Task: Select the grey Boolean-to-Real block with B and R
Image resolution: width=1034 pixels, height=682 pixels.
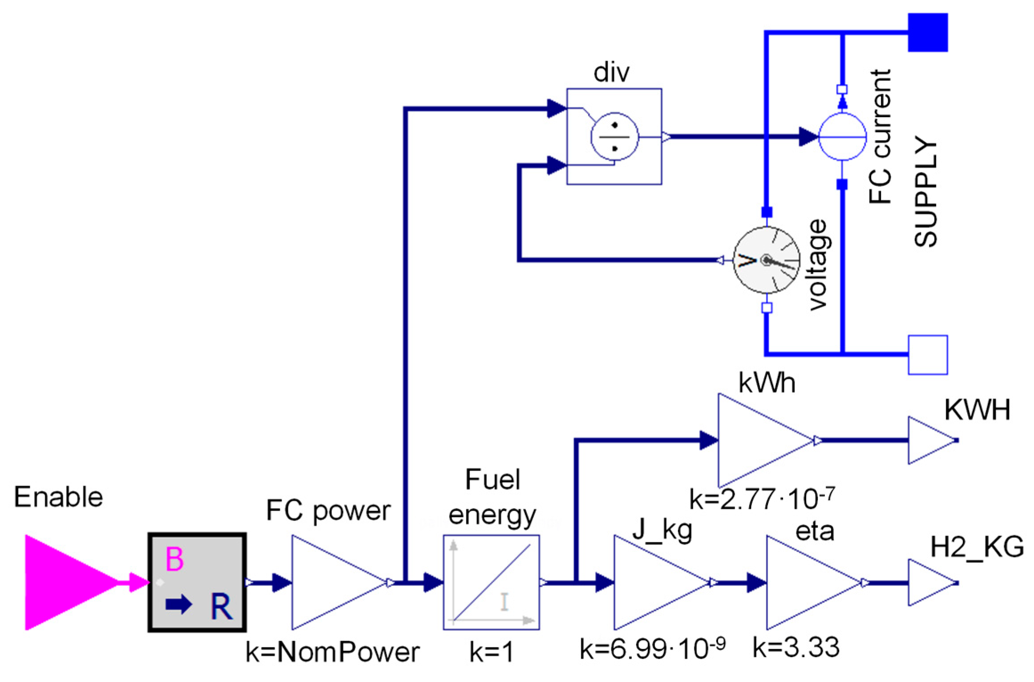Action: pyautogui.click(x=197, y=582)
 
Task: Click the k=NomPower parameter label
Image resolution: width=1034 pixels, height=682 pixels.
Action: pyautogui.click(x=332, y=653)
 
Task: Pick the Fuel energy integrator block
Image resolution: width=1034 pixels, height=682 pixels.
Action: pyautogui.click(x=491, y=582)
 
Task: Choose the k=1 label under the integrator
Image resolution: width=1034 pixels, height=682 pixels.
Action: pyautogui.click(x=491, y=653)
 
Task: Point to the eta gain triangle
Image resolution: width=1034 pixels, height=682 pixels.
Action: pyautogui.click(x=805, y=582)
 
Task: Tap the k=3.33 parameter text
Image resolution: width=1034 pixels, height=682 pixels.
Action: pyautogui.click(x=796, y=647)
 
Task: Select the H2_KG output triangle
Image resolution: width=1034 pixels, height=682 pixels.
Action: pyautogui.click(x=930, y=582)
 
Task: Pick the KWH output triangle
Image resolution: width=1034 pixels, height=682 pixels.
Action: pyautogui.click(x=930, y=440)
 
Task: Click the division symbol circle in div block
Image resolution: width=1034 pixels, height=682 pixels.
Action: pyautogui.click(x=614, y=137)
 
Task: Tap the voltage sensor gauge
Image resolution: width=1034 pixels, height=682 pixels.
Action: pyautogui.click(x=766, y=260)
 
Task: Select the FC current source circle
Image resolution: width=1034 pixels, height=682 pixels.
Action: pyautogui.click(x=842, y=137)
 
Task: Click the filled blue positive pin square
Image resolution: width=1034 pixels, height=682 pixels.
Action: pyautogui.click(x=928, y=32)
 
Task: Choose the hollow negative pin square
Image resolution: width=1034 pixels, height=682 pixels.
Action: pyautogui.click(x=928, y=355)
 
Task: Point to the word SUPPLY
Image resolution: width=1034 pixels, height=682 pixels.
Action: pyautogui.click(x=925, y=191)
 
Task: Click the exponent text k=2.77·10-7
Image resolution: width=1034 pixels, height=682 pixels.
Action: pyautogui.click(x=762, y=499)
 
